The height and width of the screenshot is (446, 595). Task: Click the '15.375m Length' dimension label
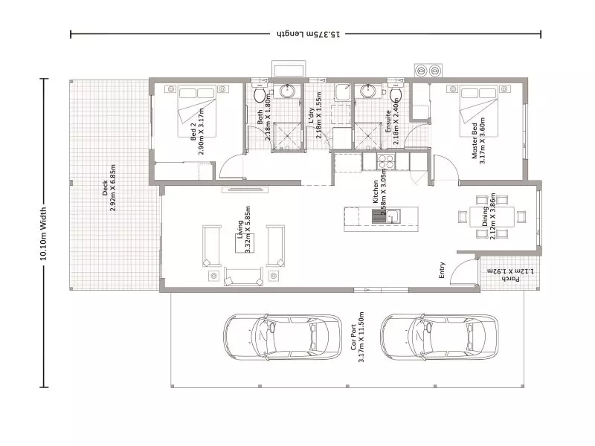pos(306,34)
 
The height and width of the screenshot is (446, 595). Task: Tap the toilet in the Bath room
pos(260,96)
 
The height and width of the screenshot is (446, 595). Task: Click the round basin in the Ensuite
pos(366,91)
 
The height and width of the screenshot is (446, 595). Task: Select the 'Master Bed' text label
pos(474,144)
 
